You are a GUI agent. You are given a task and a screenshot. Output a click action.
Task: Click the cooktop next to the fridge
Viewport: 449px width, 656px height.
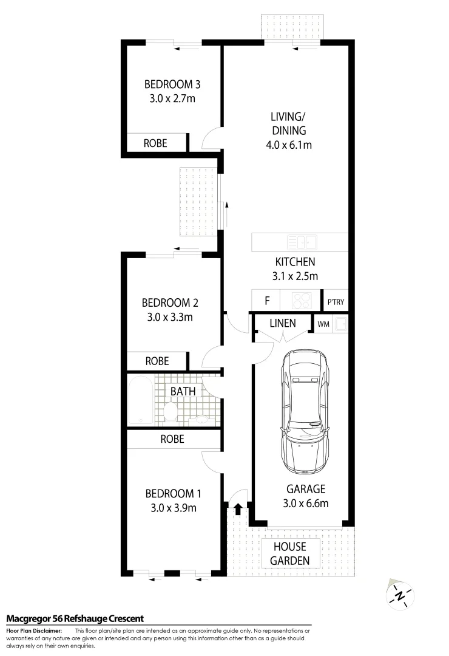[x=302, y=300]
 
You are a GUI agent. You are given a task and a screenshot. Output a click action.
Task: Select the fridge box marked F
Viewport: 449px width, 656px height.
[x=266, y=300]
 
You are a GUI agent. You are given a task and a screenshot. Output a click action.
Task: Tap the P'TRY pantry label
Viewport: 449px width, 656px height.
[x=337, y=301]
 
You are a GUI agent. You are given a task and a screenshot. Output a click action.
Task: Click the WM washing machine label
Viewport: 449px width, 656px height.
[x=323, y=324]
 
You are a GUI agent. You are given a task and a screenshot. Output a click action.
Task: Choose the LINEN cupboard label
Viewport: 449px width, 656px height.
[x=283, y=323]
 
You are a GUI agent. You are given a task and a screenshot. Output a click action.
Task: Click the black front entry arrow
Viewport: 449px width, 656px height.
[x=238, y=507]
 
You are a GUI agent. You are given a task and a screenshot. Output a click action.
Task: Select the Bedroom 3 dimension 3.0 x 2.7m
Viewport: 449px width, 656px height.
[x=172, y=98]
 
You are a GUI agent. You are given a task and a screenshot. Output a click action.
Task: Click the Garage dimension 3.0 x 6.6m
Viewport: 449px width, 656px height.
[x=306, y=503]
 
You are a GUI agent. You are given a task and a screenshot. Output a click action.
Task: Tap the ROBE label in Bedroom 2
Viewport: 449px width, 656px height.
[x=157, y=361]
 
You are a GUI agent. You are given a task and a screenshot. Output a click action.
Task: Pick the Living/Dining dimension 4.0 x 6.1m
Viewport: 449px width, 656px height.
[x=289, y=145]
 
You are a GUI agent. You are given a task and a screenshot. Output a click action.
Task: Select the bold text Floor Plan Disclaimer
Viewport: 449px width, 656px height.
[x=33, y=632]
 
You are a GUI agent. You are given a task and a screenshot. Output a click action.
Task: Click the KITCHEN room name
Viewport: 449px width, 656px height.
[x=295, y=262]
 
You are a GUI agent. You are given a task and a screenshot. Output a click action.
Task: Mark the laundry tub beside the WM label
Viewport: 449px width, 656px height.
[x=341, y=324]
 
